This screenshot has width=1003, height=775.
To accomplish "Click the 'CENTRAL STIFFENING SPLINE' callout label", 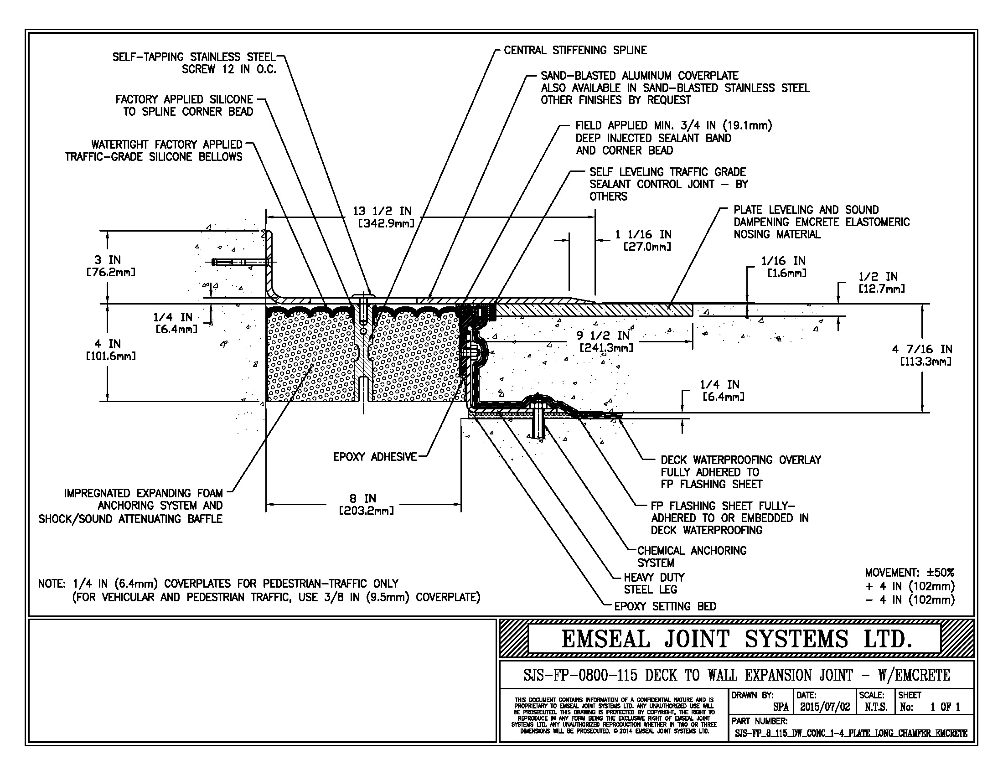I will (x=575, y=51).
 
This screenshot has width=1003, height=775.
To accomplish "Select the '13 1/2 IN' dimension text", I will (x=382, y=212).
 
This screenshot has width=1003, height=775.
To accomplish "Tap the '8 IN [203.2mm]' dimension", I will (x=366, y=504).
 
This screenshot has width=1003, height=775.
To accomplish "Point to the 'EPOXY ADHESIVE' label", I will (x=375, y=457).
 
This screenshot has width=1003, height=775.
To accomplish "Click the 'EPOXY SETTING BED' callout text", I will (x=665, y=606).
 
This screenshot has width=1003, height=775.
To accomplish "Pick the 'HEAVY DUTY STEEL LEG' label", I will (x=654, y=584).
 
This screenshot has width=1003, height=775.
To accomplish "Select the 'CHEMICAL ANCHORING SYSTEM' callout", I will (x=692, y=557).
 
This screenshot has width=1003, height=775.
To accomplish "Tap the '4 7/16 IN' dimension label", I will (x=922, y=349).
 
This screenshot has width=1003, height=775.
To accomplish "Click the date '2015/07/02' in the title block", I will (x=825, y=707).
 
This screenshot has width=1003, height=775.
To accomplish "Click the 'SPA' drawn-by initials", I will (x=781, y=707).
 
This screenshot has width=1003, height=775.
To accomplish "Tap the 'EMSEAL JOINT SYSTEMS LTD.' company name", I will (x=736, y=639).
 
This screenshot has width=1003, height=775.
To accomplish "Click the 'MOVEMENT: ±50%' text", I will (x=910, y=573).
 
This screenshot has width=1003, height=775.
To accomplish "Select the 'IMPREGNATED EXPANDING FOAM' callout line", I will (x=143, y=494).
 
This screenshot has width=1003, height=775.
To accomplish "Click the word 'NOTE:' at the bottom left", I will (x=52, y=584).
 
